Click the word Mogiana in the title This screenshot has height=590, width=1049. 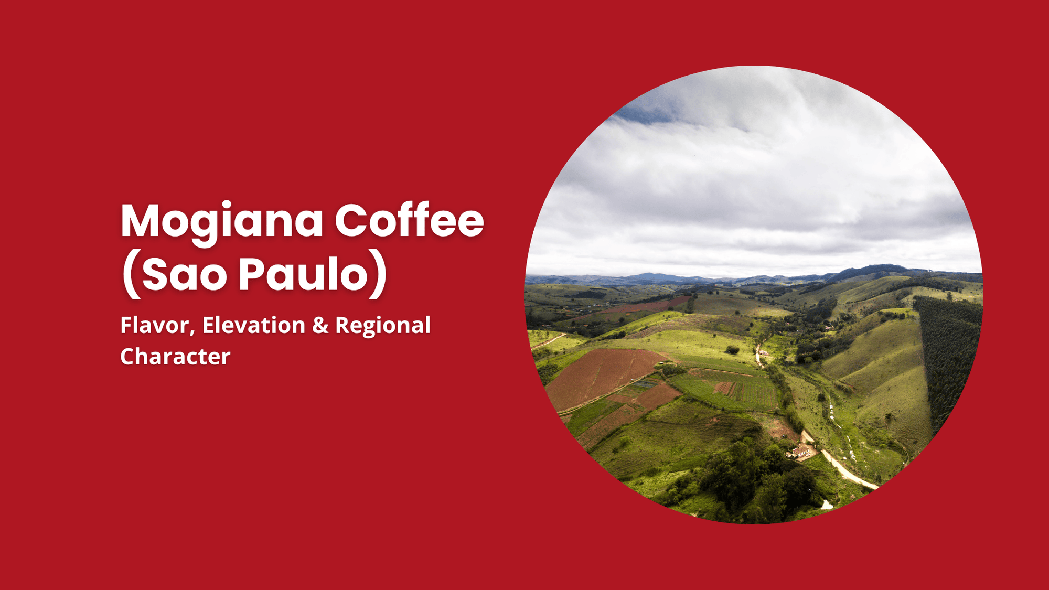click(x=222, y=221)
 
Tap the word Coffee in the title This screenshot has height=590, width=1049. click(x=409, y=220)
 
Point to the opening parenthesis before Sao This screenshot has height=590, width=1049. click(x=131, y=275)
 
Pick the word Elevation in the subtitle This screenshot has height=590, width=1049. click(x=254, y=325)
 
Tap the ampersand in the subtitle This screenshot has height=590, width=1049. click(x=320, y=325)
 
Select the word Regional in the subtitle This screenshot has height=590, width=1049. click(x=383, y=326)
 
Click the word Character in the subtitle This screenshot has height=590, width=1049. click(x=175, y=357)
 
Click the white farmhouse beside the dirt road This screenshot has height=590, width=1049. click(x=799, y=451)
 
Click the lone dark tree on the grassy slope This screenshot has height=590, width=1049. click(x=732, y=349)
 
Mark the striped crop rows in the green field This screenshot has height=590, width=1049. click(x=745, y=391)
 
